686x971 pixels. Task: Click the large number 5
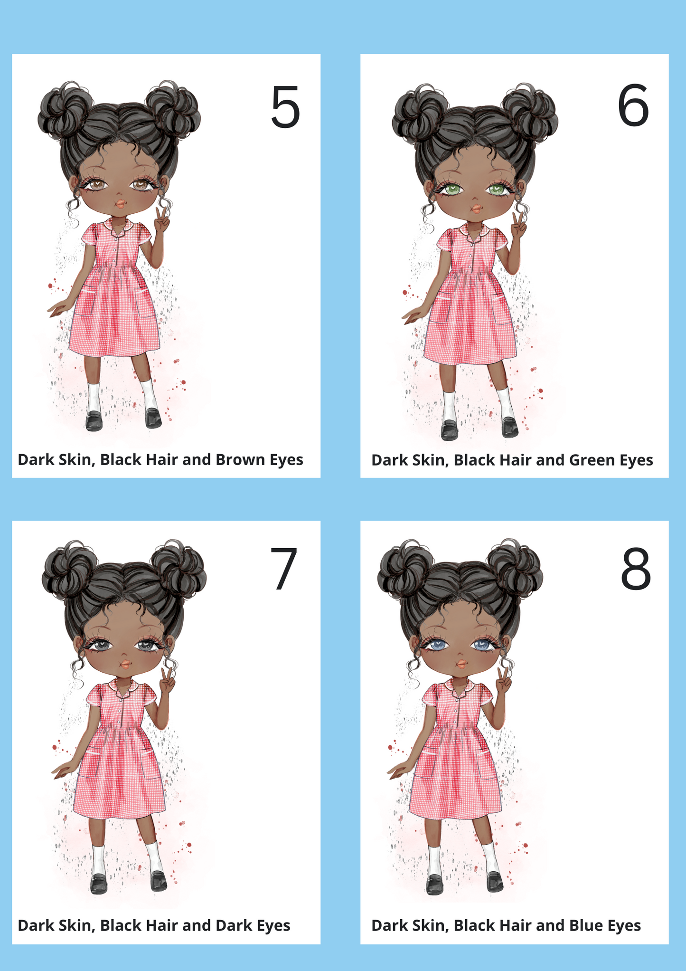[x=285, y=107]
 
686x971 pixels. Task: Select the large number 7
[x=284, y=569]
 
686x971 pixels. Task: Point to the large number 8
[x=636, y=569]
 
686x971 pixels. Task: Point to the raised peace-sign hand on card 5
[x=162, y=219]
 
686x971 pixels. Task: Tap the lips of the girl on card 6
[x=476, y=208]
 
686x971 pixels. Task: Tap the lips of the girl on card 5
[x=121, y=203]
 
